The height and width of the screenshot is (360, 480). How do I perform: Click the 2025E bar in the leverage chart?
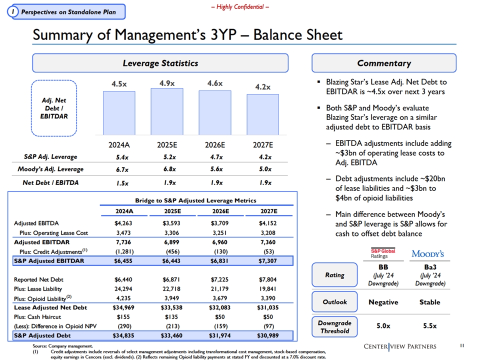coord(167,111)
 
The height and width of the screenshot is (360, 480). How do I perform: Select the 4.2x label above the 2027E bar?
coord(263,87)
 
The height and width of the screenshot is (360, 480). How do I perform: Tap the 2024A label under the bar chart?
coord(119,145)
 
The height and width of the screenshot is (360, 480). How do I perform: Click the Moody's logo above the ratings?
coord(427,254)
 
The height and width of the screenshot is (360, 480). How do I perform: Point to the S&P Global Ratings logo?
coord(383,253)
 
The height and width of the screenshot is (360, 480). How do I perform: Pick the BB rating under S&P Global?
coord(383,267)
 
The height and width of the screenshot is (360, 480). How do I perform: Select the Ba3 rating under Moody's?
coord(430,267)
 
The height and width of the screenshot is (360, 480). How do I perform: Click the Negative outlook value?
coord(383,302)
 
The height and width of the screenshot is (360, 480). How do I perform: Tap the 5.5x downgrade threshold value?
coord(430,325)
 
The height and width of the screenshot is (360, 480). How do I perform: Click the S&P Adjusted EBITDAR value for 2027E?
coord(267,261)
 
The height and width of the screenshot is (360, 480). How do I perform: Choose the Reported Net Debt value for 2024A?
coord(123,279)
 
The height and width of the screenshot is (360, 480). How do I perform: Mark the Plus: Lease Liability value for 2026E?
coord(220,288)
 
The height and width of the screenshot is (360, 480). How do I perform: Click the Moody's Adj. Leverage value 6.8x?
coord(169,169)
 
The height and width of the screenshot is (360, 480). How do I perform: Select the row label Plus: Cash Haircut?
coord(37,317)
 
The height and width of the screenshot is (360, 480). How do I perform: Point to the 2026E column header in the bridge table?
coord(220,211)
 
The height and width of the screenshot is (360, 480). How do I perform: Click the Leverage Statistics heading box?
coord(160,63)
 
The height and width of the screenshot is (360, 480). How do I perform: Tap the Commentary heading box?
coord(384,63)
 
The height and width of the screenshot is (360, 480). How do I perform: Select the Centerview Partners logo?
coord(400,346)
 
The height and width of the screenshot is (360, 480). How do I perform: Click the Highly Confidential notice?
coord(240,7)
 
